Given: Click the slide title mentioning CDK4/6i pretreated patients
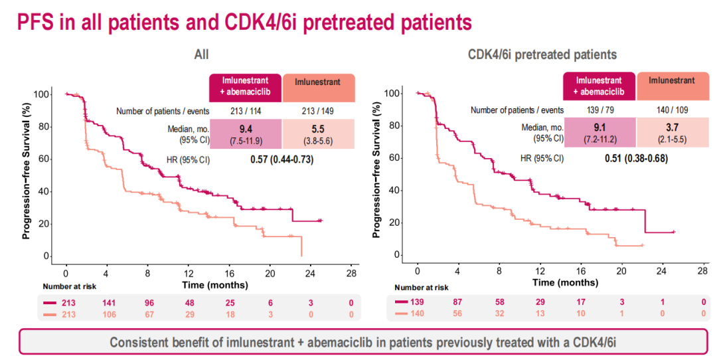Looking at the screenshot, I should [244, 22].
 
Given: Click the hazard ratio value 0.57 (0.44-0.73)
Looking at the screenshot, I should [281, 159].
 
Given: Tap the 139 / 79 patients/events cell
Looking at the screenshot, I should [599, 110].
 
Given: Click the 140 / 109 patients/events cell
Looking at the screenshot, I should [672, 110].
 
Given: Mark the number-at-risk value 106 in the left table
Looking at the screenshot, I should [107, 314].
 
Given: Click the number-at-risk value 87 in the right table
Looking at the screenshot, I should [458, 303].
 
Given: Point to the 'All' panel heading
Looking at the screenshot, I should [201, 54].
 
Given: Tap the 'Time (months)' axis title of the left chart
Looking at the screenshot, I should [216, 286].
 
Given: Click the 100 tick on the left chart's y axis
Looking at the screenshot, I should [41, 94].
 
